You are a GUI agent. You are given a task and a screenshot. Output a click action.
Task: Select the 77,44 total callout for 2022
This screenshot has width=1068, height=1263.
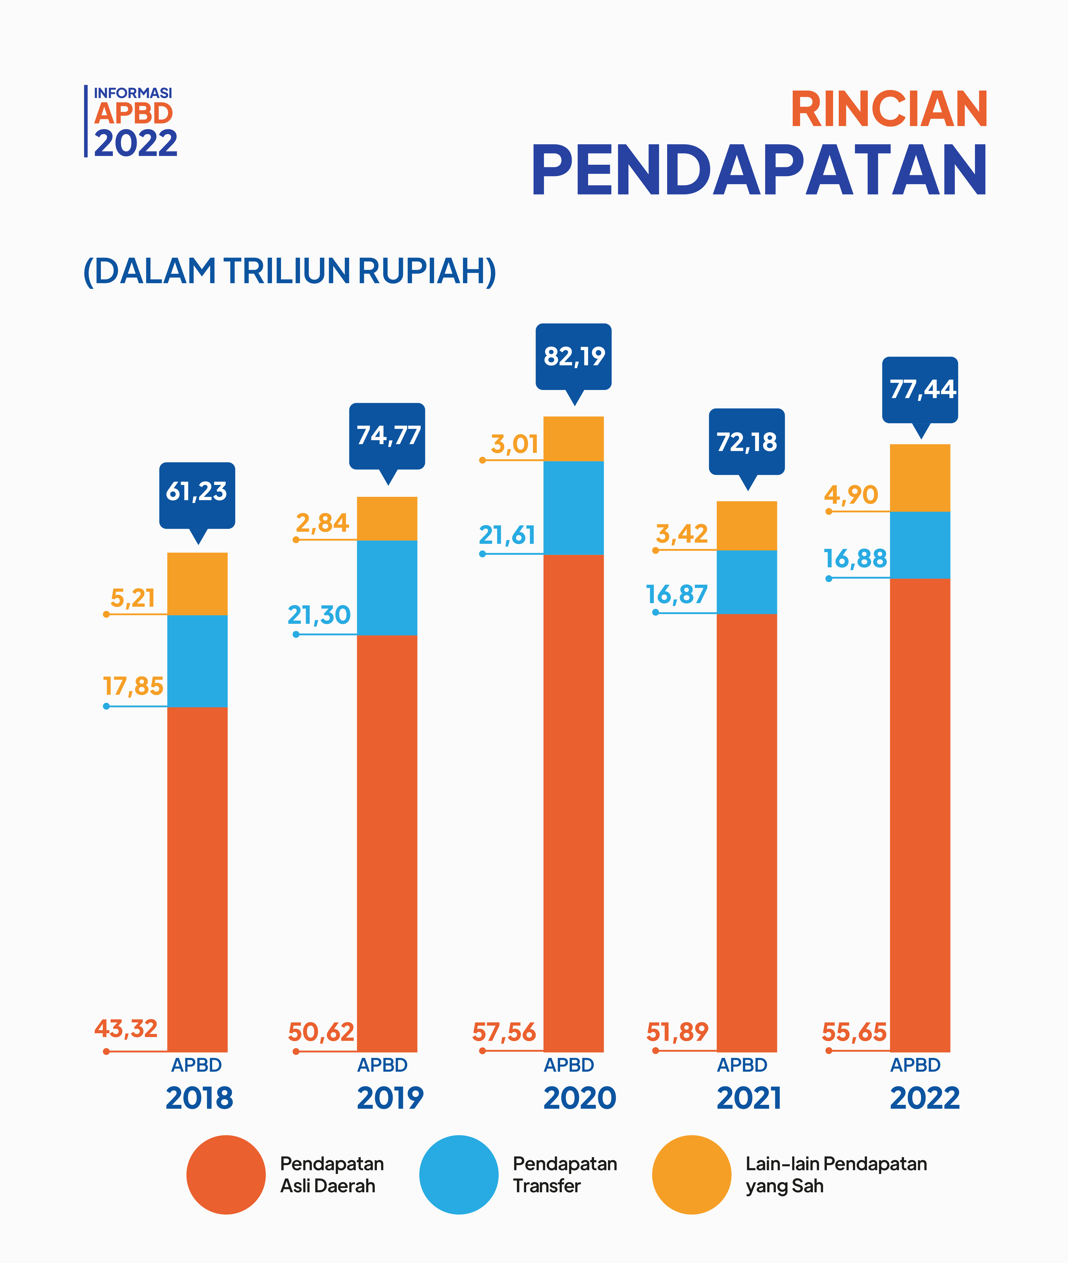point(920,389)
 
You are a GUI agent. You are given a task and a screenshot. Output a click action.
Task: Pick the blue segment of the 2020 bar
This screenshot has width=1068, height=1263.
point(573,507)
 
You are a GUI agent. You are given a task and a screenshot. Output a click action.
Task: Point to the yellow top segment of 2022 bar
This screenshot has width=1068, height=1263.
point(920,478)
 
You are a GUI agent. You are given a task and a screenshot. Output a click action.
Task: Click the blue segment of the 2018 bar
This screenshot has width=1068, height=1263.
point(197,661)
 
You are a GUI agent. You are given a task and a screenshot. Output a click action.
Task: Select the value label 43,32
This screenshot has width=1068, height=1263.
point(126,1028)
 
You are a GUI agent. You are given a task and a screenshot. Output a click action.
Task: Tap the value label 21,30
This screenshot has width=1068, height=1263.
point(319,615)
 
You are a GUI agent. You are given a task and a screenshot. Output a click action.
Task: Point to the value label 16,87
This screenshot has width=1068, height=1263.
point(677,595)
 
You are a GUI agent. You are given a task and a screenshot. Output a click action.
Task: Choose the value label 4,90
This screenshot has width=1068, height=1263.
point(851,495)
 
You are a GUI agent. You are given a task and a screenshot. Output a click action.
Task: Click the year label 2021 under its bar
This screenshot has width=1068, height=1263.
point(749,1098)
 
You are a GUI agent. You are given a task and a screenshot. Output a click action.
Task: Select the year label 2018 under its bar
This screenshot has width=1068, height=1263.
point(199,1098)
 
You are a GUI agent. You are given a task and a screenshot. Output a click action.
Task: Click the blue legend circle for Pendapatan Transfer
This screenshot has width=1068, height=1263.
point(459,1175)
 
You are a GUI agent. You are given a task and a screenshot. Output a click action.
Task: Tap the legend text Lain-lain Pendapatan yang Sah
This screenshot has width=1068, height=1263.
point(835,1175)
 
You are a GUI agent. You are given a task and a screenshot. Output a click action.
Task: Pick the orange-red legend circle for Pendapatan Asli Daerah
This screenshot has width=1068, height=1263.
point(226,1175)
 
